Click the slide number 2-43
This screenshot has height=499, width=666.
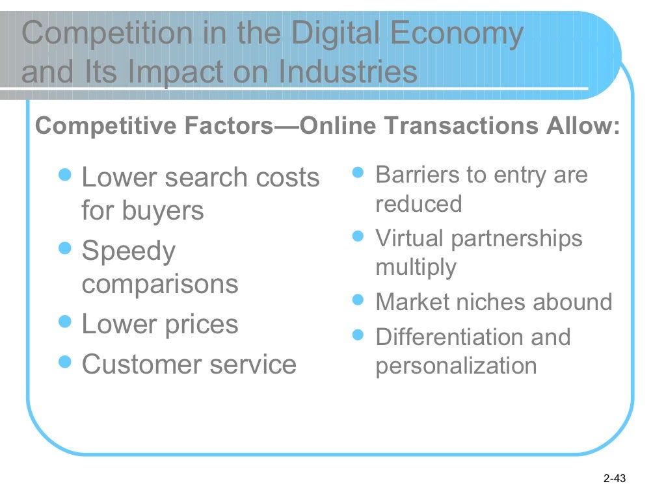pos(614,480)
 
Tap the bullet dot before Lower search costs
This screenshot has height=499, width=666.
pos(64,175)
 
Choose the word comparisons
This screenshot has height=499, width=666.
pos(159,284)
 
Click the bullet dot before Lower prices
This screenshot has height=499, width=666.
pos(64,322)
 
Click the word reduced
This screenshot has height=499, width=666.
pos(418,204)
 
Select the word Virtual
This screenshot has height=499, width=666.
pos(410,238)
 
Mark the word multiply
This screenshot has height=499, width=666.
pos(416,268)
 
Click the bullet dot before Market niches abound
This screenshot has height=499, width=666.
pos(358,301)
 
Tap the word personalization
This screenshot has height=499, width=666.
pos(456,366)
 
